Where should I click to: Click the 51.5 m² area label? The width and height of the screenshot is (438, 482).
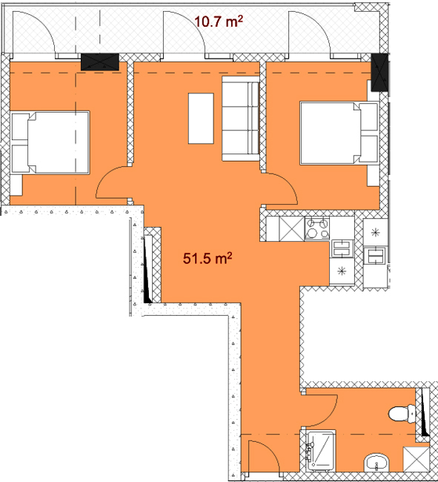point(208,258)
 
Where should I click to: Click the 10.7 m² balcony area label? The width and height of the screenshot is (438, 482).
point(219,22)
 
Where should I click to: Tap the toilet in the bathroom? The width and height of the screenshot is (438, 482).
point(402,414)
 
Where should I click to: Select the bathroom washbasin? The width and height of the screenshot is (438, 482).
point(376,462)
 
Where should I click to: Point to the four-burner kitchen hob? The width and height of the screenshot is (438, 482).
point(317,228)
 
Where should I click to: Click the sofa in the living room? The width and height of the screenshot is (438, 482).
point(241,119)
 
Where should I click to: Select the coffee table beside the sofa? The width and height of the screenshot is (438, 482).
point(201,119)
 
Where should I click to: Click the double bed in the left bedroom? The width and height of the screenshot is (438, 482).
point(50,143)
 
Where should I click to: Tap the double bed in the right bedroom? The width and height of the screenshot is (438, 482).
point(339,133)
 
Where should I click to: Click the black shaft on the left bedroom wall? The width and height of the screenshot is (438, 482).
point(100,62)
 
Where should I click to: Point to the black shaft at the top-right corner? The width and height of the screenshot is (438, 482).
point(379,73)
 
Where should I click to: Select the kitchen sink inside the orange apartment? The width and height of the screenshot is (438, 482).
point(342,248)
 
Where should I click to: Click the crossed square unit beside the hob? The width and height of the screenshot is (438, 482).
point(291,228)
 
